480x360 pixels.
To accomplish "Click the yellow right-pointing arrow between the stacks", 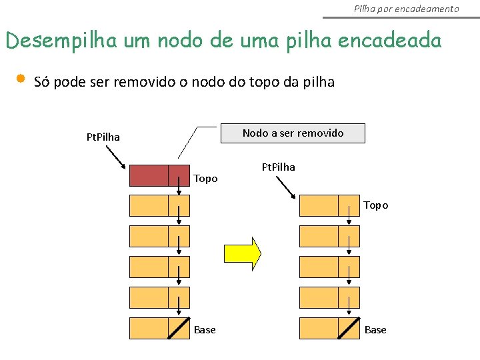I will (242, 253).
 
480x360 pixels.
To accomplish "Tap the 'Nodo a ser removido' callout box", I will (293, 133).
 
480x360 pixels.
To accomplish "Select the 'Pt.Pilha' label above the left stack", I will (103, 137).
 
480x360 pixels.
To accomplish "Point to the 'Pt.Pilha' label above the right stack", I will (278, 167).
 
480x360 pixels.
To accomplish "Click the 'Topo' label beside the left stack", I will (205, 179).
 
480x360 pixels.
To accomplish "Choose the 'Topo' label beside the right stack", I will (376, 205).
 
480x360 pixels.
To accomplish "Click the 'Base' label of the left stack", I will (205, 330).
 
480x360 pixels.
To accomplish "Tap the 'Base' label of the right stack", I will (375, 330).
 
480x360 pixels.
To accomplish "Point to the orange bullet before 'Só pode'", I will (20, 79).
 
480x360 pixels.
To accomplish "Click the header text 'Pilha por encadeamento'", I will (406, 9).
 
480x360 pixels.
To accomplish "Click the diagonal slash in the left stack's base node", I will (179, 329).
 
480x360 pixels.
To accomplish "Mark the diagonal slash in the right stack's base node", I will (349, 329).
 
